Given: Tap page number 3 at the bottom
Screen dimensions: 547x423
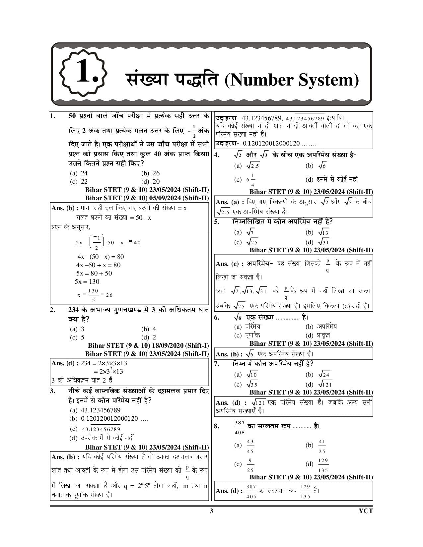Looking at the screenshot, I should point(211,511).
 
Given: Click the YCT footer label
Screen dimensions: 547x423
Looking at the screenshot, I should point(366,511).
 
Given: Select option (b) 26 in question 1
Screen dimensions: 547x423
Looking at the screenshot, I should point(151,173).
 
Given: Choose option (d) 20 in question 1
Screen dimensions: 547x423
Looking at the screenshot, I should point(151,181).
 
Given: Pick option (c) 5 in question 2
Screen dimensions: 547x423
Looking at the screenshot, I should point(78,337).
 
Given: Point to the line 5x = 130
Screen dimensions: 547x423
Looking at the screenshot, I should point(87,282).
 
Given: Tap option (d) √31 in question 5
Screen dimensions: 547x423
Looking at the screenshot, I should point(318,242).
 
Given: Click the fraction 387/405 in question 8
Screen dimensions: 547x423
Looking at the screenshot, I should point(239,427).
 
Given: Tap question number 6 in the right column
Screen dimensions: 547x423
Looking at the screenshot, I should point(217,318).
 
